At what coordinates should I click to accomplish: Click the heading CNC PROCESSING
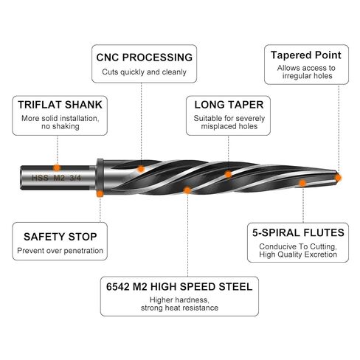pos(145,58)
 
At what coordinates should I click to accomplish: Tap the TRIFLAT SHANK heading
pos(60,105)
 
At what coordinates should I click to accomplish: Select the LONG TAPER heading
pos(229,105)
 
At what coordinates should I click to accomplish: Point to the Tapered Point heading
pos(306,55)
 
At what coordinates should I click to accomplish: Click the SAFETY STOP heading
pos(60,237)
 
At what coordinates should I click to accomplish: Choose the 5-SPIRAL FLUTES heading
pos(298,232)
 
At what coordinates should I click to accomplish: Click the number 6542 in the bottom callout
pos(118,287)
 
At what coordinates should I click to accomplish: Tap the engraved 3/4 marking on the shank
pos(75,178)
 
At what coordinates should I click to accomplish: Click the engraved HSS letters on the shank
pos(40,178)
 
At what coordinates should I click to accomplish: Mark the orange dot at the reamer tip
pos(339,178)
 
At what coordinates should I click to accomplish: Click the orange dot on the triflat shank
pos(57,167)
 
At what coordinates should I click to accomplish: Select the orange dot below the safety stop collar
pos(100,193)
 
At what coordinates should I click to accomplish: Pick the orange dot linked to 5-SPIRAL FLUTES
pos(302,183)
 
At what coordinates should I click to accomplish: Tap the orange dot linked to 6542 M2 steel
pos(187,190)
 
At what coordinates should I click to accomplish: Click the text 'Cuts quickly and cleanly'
pos(144,72)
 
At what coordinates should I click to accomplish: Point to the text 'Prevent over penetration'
pos(60,251)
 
